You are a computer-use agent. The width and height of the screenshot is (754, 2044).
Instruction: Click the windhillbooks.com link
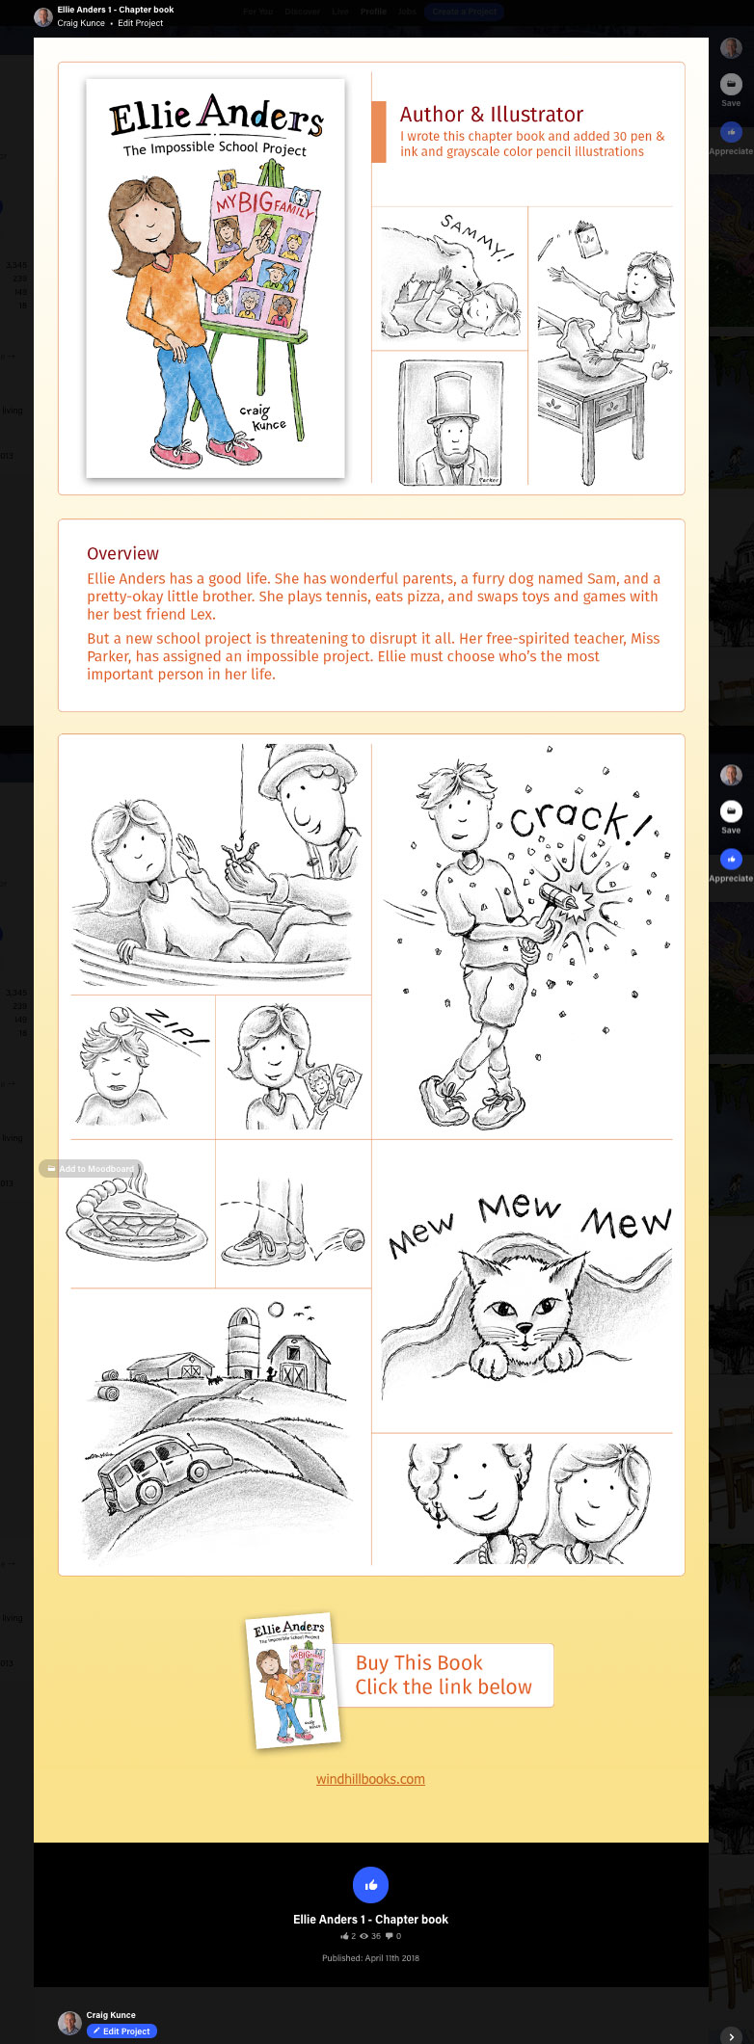coord(370,1779)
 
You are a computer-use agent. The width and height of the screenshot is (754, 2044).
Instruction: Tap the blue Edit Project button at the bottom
coord(121,2031)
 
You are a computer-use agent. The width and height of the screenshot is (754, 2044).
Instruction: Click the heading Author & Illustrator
coord(491,115)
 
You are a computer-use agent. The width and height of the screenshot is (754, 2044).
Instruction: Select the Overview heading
coord(122,553)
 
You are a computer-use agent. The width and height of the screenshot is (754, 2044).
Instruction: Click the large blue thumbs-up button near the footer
coord(370,1885)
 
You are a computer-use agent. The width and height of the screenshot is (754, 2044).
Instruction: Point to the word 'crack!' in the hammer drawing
coord(579,819)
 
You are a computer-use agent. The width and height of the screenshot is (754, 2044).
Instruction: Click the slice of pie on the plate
coord(135,1216)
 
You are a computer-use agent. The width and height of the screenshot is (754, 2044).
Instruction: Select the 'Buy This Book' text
coord(418,1662)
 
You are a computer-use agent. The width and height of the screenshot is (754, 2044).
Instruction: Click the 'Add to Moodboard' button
coord(91,1168)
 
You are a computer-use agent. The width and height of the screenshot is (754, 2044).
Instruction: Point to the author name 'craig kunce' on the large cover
coord(262,417)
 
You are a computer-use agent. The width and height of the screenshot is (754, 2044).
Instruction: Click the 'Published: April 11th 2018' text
coord(370,1957)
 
